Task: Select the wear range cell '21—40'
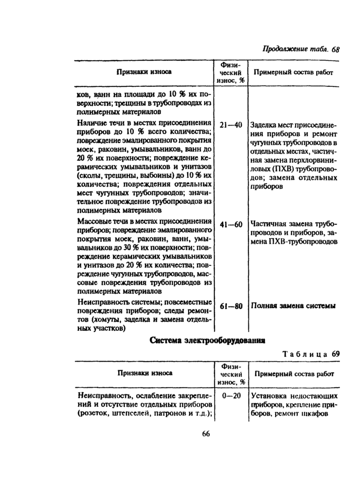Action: (x=230, y=125)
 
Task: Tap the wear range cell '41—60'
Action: (x=230, y=225)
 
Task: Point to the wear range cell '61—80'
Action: (x=230, y=306)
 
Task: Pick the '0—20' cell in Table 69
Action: (x=230, y=396)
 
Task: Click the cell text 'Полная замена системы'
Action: (x=293, y=306)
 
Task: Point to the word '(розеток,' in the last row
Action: (x=93, y=413)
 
